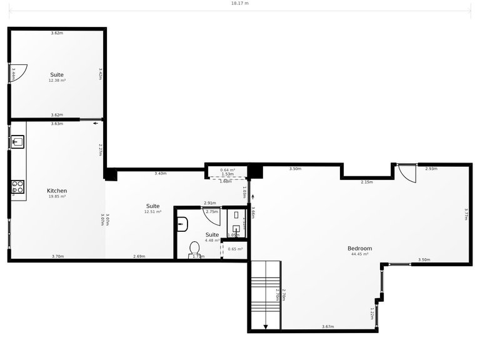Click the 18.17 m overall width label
239,3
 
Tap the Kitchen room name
57,191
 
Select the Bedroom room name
359,248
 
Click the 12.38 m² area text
57,81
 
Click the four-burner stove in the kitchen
17,186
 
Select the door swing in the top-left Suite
17,72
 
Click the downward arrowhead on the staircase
266,326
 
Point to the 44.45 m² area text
359,254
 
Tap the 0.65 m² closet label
236,249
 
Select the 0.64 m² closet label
227,169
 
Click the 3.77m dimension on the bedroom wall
466,214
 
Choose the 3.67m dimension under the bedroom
328,327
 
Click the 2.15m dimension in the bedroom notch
367,182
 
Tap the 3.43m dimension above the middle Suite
160,173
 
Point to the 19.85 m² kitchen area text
57,196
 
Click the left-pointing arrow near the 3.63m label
96,124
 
